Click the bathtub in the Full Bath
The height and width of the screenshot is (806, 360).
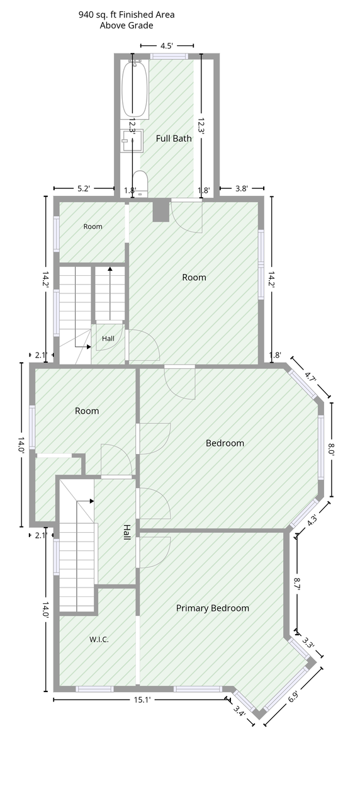tap(135, 89)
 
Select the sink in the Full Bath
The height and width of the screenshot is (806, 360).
tap(132, 140)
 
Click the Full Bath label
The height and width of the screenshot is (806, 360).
tap(174, 139)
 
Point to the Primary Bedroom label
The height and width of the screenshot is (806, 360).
tap(213, 608)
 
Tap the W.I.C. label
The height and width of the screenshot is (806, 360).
tap(99, 639)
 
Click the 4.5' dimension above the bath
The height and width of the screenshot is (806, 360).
tap(167, 46)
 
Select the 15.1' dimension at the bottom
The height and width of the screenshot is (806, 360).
tap(142, 700)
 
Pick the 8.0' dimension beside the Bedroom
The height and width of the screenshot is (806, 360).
tap(332, 450)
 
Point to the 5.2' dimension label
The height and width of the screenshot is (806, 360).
tap(84, 188)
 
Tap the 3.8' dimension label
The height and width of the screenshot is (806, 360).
tap(242, 188)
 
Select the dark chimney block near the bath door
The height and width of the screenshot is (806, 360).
tap(160, 212)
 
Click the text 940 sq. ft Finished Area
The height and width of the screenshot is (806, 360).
tap(127, 14)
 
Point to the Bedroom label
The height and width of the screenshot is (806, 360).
tap(225, 443)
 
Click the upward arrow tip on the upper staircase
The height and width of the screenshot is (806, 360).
tap(110, 268)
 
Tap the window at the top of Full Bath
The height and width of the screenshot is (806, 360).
tap(169, 56)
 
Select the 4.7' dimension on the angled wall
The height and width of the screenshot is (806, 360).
tap(310, 377)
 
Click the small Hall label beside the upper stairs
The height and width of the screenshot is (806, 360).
tap(108, 339)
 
